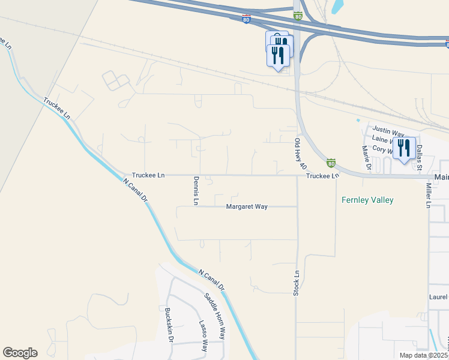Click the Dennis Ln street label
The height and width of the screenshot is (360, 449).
click(196, 191)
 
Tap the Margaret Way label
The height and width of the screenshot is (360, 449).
click(246, 206)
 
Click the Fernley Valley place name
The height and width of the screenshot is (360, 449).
click(367, 200)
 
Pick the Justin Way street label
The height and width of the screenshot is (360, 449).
click(388, 130)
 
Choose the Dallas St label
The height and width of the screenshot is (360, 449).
click(420, 155)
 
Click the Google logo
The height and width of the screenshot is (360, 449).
click(20, 353)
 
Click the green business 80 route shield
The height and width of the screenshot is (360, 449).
click(331, 163)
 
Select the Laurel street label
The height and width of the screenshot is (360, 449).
click(438, 297)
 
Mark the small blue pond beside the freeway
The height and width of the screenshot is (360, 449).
click(337, 6)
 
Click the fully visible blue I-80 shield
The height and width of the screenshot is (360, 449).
click(247, 19)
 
